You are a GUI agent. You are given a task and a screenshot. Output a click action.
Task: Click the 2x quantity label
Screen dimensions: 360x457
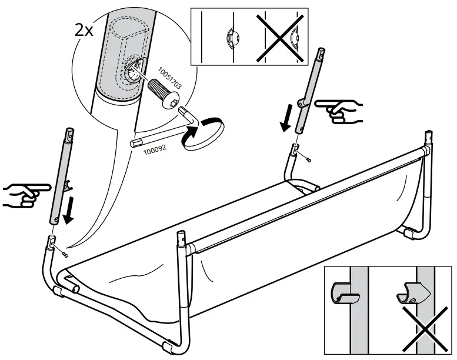coord(84,30)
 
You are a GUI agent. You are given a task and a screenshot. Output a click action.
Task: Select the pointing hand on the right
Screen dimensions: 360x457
coord(340,111)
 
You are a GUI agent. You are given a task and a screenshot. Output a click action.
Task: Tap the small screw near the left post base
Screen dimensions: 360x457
coord(65,254)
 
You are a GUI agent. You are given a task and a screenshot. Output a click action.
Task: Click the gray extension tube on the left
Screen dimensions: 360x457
coord(62,177)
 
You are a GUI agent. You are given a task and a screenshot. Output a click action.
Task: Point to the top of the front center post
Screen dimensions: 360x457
coord(183,238)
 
